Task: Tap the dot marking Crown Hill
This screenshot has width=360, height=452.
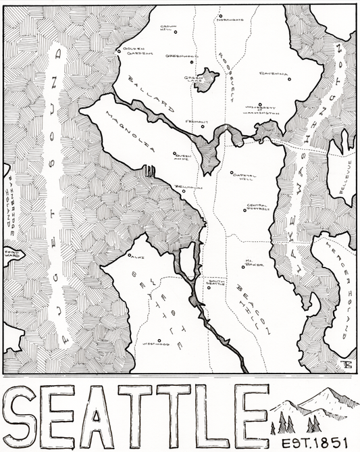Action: [x=176, y=32]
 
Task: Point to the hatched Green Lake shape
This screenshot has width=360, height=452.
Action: [x=205, y=79]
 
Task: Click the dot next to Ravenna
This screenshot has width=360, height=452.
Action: [x=289, y=79]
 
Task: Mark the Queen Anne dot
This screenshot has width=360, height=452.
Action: [x=174, y=153]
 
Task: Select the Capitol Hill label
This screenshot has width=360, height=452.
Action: [x=242, y=175]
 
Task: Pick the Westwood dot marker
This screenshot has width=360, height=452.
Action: [x=159, y=341]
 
